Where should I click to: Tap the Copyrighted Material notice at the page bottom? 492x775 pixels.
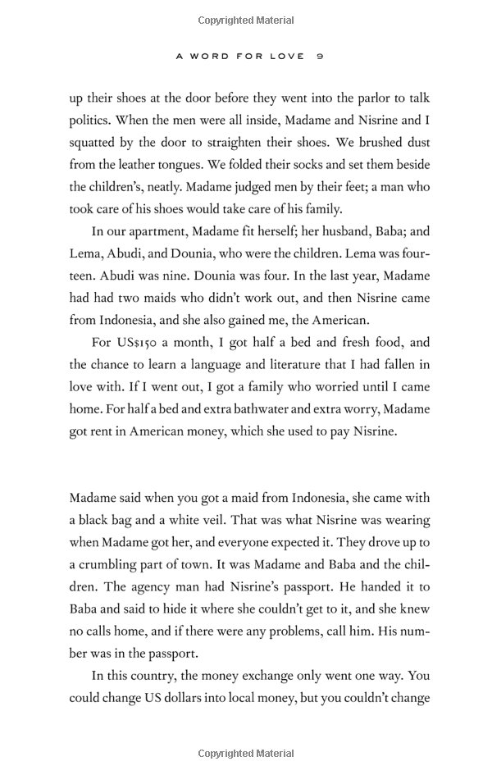(246, 754)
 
